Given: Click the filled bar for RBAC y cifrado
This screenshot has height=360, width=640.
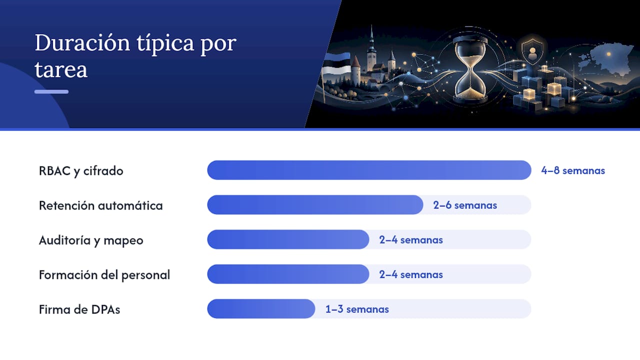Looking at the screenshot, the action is pyautogui.click(x=369, y=170).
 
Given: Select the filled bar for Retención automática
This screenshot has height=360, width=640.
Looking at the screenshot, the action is pyautogui.click(x=315, y=204).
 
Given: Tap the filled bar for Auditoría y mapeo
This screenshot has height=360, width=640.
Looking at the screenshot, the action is pyautogui.click(x=288, y=239).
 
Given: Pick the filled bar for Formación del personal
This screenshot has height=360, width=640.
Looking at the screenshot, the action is pyautogui.click(x=288, y=274).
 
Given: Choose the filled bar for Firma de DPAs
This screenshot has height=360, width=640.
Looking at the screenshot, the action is pyautogui.click(x=261, y=308).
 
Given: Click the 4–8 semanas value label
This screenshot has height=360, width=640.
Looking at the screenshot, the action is pyautogui.click(x=573, y=170).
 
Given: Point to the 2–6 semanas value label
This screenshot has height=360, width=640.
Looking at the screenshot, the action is pyautogui.click(x=465, y=205).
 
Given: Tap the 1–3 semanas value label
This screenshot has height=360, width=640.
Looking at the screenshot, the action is pyautogui.click(x=357, y=309).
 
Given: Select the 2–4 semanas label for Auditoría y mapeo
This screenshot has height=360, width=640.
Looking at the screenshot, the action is pyautogui.click(x=411, y=240).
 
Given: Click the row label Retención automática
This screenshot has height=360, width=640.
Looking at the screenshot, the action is pyautogui.click(x=101, y=205).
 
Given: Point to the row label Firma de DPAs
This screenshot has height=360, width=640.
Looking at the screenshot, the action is pyautogui.click(x=79, y=309).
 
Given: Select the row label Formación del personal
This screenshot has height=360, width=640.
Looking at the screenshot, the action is pyautogui.click(x=104, y=275).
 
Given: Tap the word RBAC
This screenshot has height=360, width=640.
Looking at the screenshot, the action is pyautogui.click(x=54, y=171).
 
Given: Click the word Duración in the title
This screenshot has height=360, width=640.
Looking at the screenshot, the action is pyautogui.click(x=82, y=43).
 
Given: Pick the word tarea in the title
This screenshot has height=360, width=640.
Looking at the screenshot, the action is pyautogui.click(x=61, y=69).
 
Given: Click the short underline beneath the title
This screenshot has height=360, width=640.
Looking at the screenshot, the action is pyautogui.click(x=51, y=91).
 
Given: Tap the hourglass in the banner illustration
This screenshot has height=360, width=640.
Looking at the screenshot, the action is pyautogui.click(x=470, y=70).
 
